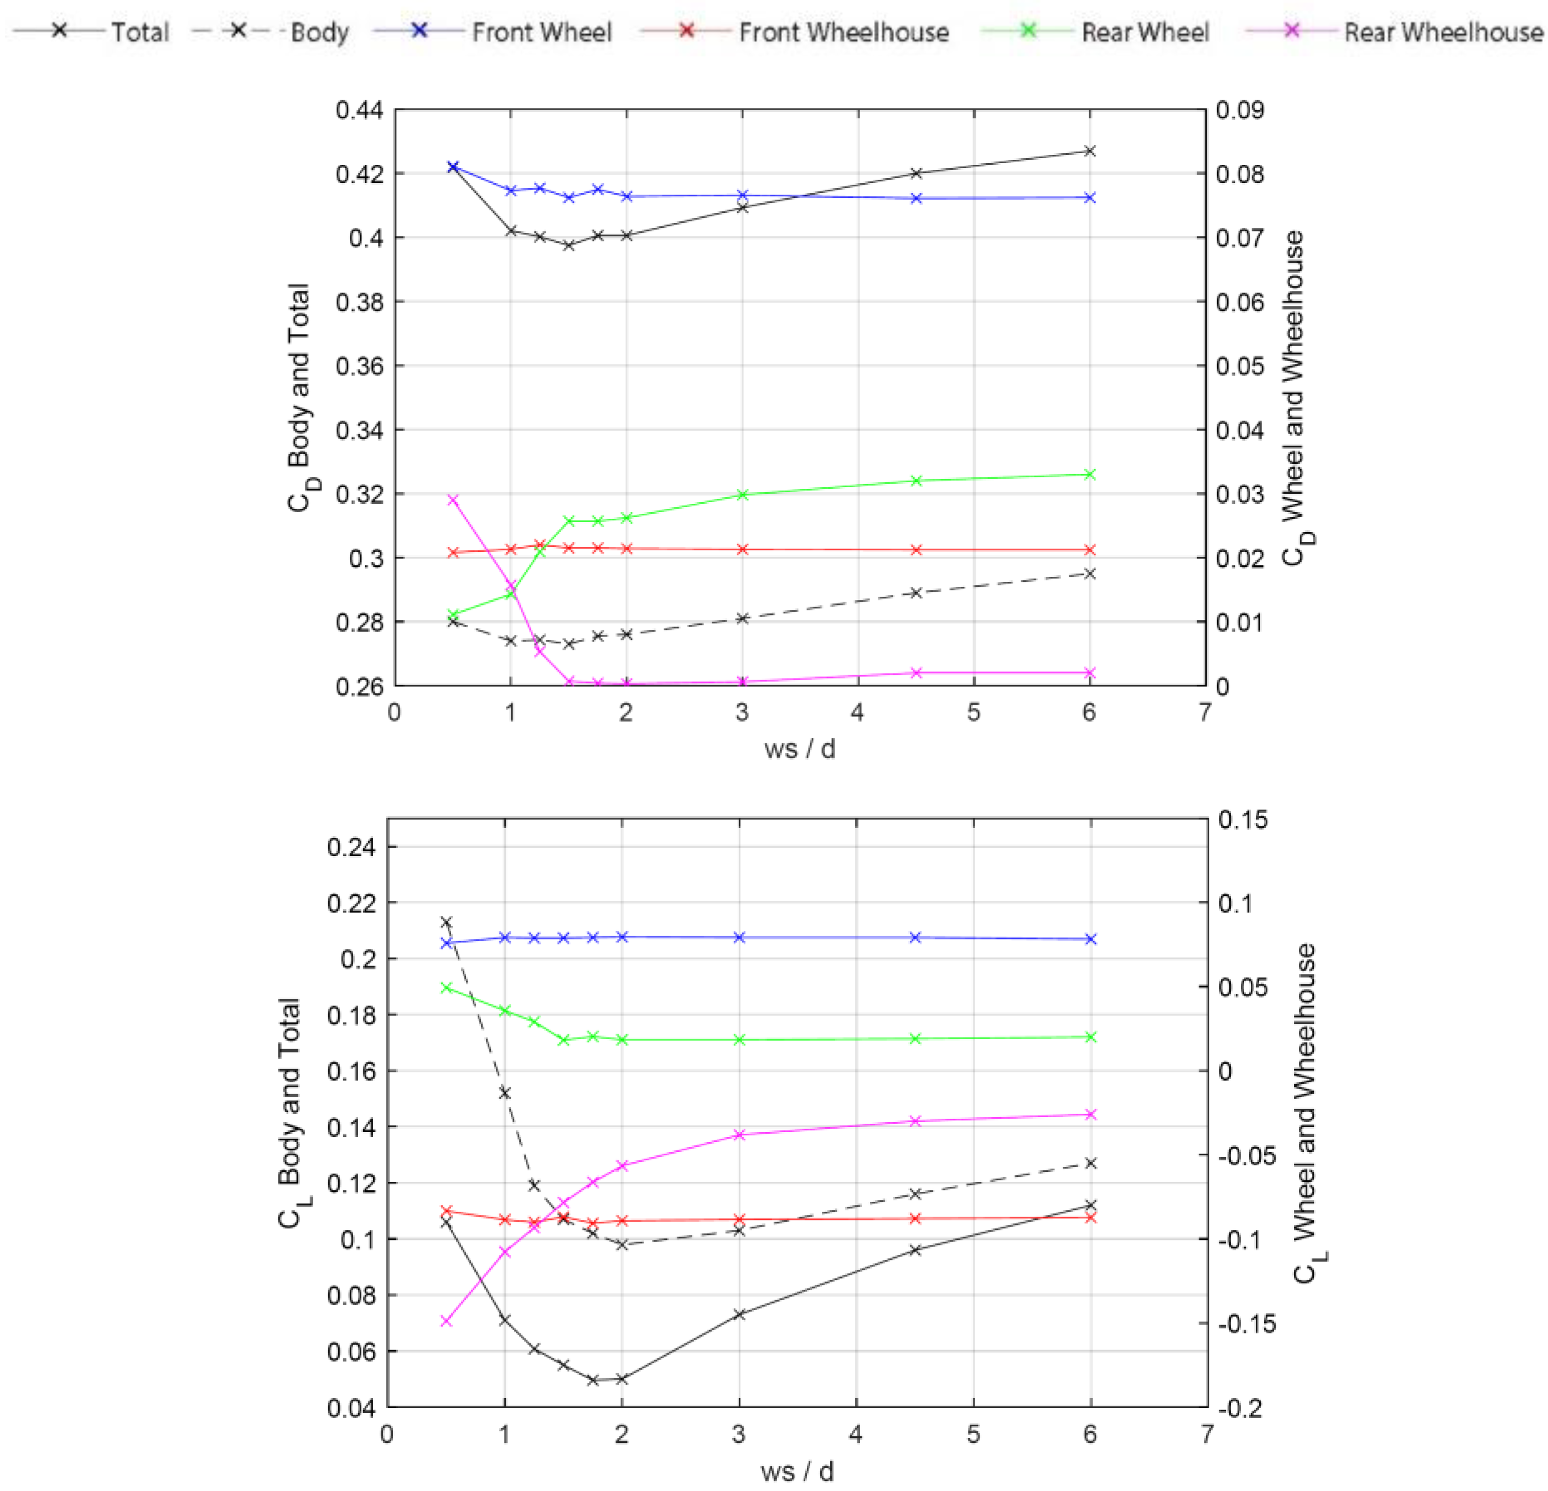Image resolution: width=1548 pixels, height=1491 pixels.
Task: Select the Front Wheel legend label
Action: coord(541,33)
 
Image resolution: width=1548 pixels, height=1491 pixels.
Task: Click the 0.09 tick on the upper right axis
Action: coord(1239,110)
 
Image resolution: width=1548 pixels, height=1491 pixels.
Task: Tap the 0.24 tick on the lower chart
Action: coord(351,847)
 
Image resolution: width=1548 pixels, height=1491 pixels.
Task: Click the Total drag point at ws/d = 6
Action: coord(1090,151)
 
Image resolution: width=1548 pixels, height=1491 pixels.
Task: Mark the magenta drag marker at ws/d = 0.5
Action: coord(453,499)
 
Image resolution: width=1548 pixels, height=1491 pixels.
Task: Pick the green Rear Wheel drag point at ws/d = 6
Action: coord(1090,475)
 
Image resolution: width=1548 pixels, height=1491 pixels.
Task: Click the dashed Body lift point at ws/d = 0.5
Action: coord(446,922)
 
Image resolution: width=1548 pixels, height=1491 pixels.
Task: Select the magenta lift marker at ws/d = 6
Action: coord(1091,1114)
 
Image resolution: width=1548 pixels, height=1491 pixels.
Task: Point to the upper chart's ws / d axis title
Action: coord(799,749)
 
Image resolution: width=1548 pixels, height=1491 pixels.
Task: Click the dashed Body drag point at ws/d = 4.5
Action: coord(916,593)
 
